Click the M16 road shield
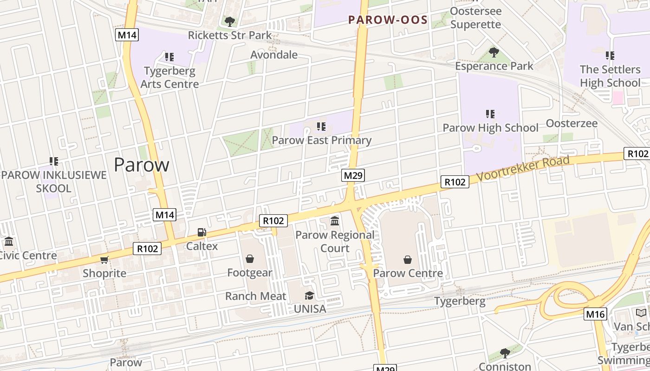pos(595,314)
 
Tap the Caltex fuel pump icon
pos(202,232)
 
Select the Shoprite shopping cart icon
pos(104,260)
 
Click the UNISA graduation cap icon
pos(309,295)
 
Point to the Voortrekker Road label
pos(523,168)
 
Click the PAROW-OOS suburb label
pos(388,19)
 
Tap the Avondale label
pos(274,55)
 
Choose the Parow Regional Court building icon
pos(335,221)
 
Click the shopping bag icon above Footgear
pos(250,259)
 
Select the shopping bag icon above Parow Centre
pos(408,260)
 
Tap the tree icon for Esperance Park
pos(494,52)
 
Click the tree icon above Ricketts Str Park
pos(229,21)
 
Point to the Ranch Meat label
pos(255,296)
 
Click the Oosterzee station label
pos(572,123)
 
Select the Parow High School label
pos(490,128)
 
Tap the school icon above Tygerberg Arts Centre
pos(169,57)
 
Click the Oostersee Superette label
pos(475,18)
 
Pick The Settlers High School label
pos(610,76)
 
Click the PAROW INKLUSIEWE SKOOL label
pos(54,182)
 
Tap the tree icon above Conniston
pos(505,353)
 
